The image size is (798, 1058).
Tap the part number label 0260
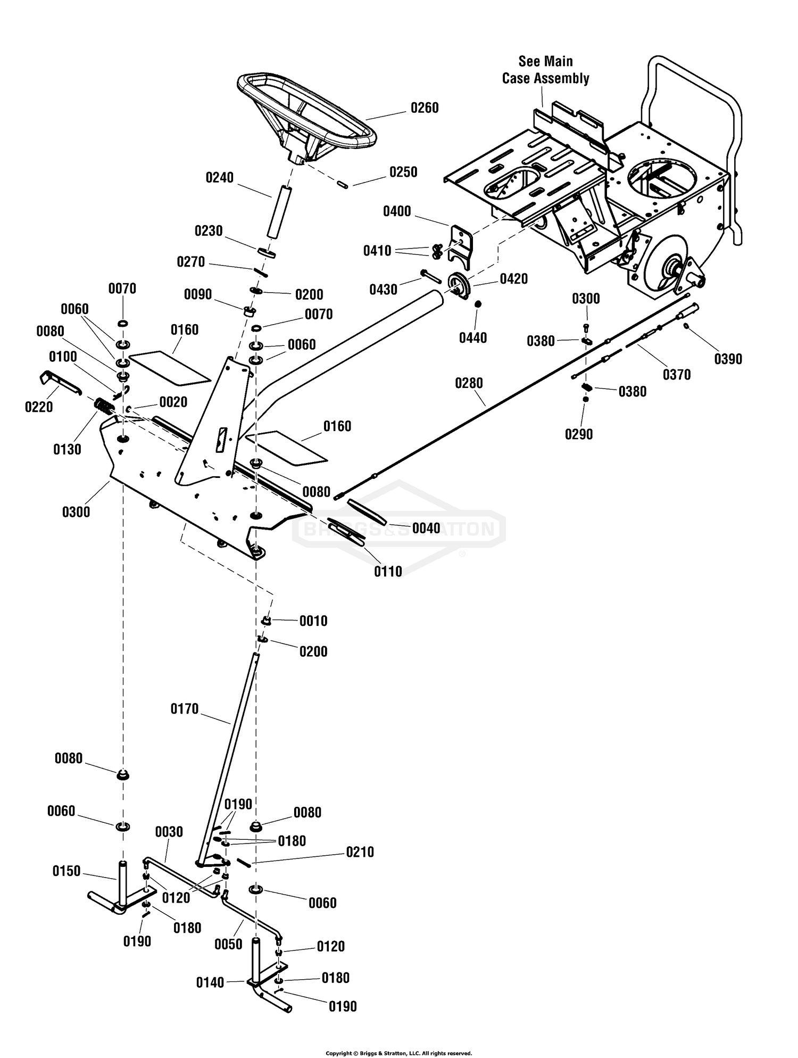[x=425, y=108]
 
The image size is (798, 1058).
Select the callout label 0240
[x=220, y=178]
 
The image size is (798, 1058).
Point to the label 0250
[x=403, y=172]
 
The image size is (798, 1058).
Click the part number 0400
[x=397, y=212]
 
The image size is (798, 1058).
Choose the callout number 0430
[x=384, y=290]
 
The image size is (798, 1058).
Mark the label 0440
[x=473, y=338]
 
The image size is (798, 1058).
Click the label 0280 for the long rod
[x=469, y=383]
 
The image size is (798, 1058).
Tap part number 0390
[x=728, y=359]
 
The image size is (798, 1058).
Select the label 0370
[x=677, y=375]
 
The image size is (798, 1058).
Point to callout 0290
[x=579, y=434]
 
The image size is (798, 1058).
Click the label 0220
[x=39, y=407]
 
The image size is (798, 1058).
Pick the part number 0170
[x=184, y=709]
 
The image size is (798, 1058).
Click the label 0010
[x=313, y=621]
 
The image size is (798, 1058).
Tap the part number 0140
[x=210, y=982]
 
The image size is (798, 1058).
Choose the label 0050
[x=228, y=944]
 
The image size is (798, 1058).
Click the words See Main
[x=546, y=61]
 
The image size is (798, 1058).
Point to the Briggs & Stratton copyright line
[x=399, y=1053]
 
